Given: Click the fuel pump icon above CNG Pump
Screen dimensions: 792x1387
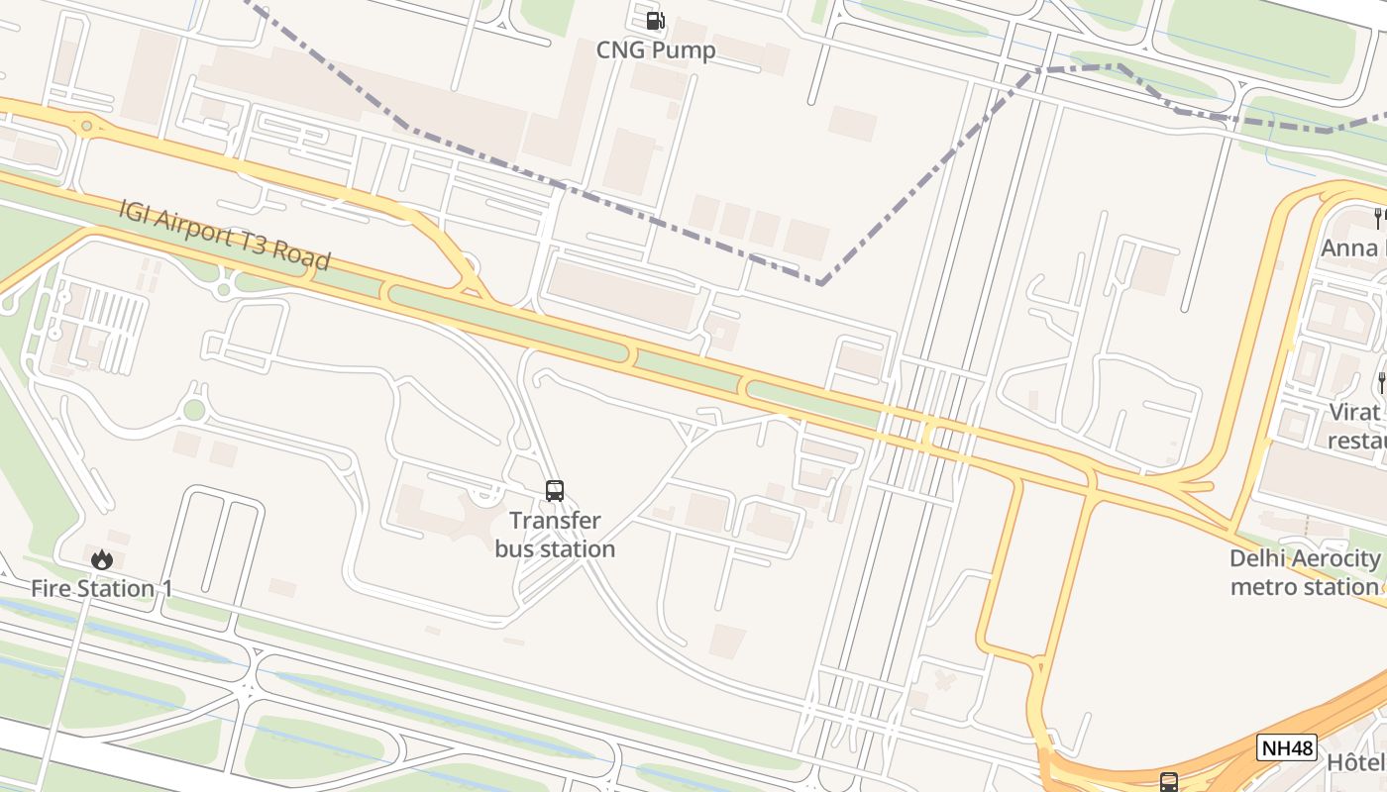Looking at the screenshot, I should [655, 20].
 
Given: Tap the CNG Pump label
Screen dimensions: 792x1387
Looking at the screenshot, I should [655, 49].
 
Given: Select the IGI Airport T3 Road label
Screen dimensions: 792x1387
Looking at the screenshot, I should [224, 235].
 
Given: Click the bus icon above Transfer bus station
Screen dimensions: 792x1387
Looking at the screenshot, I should [555, 490].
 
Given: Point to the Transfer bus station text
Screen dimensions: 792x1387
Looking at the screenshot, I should [555, 535].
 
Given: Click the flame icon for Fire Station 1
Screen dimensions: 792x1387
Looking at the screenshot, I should [101, 559].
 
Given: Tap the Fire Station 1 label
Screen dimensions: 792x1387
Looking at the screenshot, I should [101, 588].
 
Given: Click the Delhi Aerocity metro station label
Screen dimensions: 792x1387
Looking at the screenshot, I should [1304, 572].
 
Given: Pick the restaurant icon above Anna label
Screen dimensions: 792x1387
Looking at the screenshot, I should [1378, 217].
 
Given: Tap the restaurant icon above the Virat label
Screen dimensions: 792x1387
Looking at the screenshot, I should [1381, 381].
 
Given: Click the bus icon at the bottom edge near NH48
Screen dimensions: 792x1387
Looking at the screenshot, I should [1169, 782].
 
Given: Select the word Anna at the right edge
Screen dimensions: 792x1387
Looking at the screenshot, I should [1349, 247].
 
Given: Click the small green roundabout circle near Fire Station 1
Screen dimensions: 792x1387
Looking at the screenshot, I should [194, 410].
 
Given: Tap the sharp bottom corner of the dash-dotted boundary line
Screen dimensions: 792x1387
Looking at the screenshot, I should [820, 283].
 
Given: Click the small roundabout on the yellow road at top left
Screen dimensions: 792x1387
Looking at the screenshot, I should [87, 126].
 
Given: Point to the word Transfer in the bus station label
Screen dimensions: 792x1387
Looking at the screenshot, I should [555, 521].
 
